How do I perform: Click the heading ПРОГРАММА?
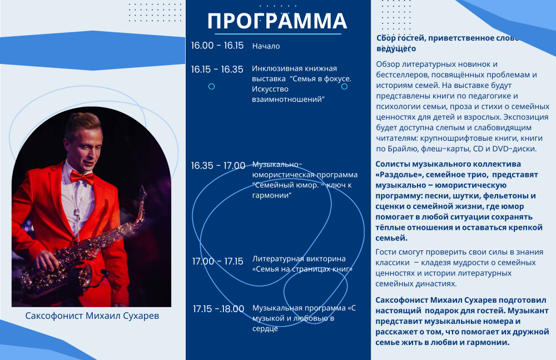pos(277,21)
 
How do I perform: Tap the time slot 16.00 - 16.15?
pos(217,46)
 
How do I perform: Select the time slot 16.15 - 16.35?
pos(217,69)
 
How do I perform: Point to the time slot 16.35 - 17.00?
pos(218,165)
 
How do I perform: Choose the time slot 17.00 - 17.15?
pos(218,262)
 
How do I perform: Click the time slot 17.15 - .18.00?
pos(219,309)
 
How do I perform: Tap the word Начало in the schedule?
pos(266,46)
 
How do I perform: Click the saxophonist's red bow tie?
pos(82,176)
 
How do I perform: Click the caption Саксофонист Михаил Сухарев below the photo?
pos(92,315)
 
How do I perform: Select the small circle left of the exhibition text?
pos(212,86)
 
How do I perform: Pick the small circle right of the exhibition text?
pos(344,86)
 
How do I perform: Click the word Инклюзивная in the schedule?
pos(275,68)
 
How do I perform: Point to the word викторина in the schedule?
pos(324,259)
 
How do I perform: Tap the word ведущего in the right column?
pos(396,48)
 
